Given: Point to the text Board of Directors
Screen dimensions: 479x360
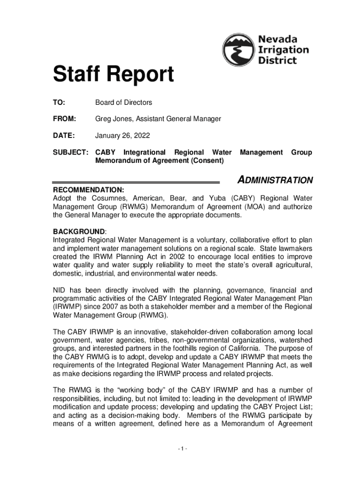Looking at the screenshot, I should [123, 102].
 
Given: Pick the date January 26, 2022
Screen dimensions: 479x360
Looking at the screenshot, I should [123, 136].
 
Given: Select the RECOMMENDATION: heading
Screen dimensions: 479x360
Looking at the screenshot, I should [88, 190].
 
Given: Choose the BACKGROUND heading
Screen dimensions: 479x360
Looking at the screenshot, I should [79, 232].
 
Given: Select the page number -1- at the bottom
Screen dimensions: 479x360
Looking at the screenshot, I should [182, 450].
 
